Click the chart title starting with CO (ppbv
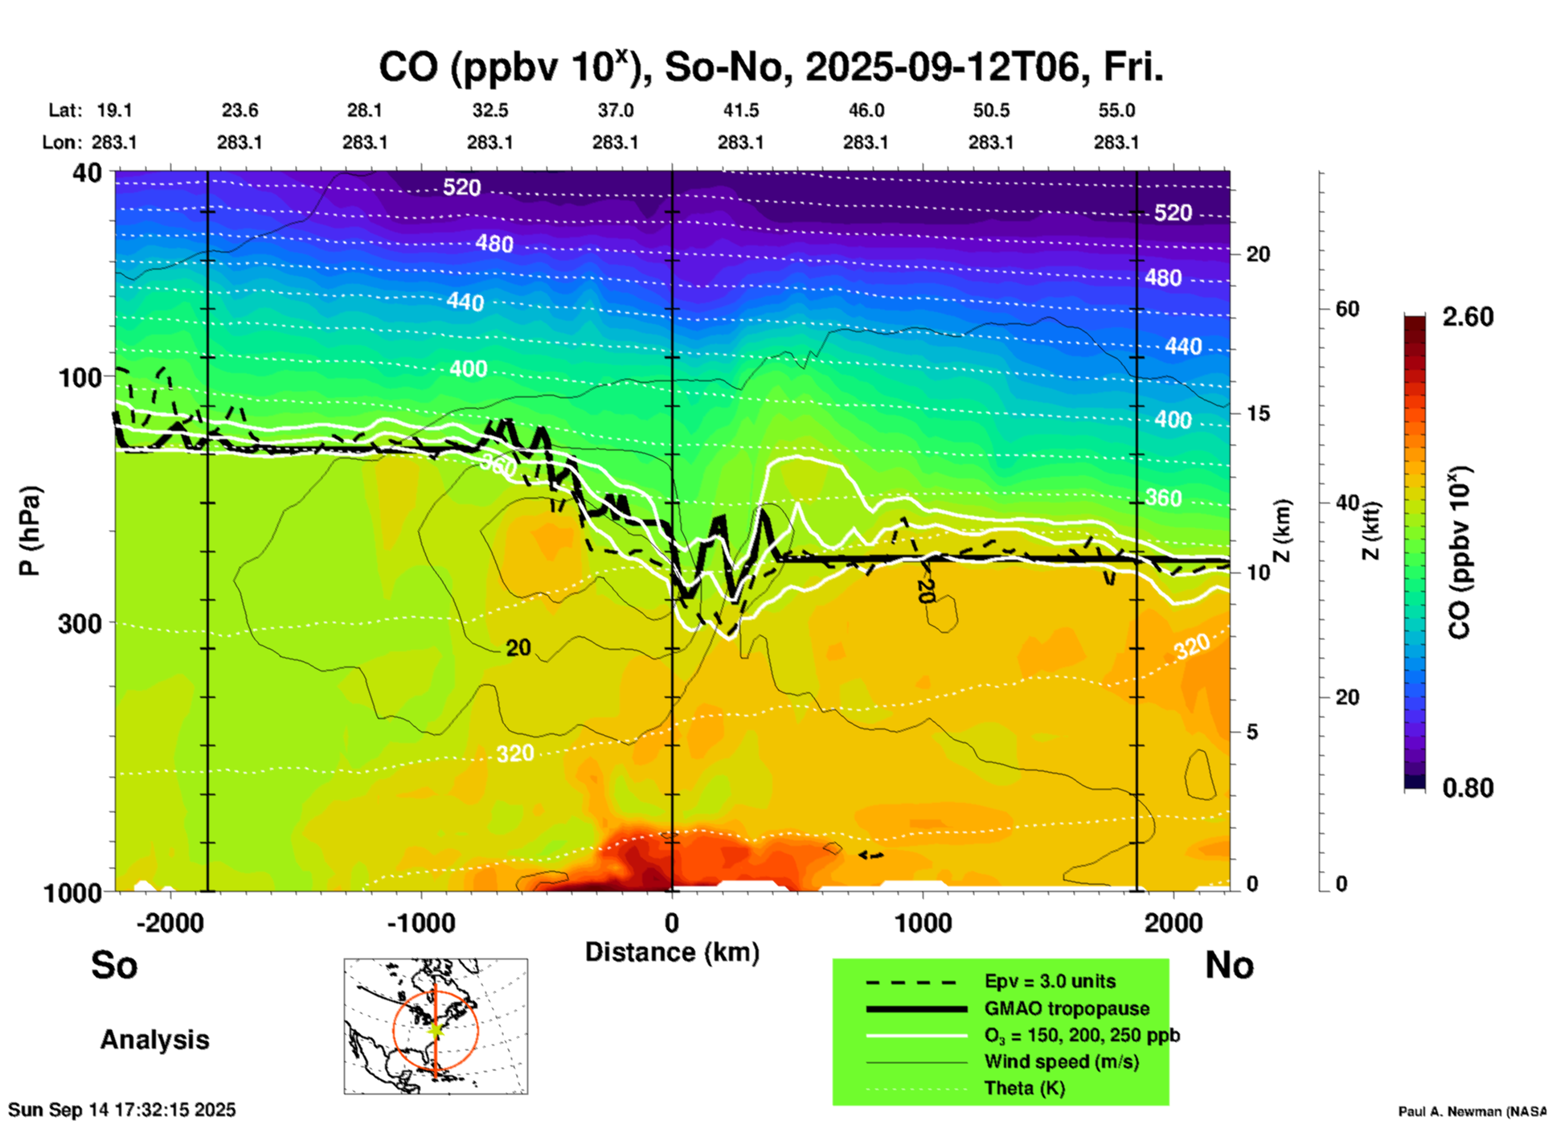[770, 68]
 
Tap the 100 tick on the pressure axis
[80, 377]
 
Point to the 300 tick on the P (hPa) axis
[80, 623]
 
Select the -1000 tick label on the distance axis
[420, 923]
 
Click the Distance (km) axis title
[672, 952]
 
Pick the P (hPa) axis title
[30, 531]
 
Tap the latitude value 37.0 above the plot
[615, 110]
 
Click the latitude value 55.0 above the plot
[1116, 110]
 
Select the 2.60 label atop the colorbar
[1468, 317]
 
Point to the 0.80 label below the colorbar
[1468, 788]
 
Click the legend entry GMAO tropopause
[1067, 1008]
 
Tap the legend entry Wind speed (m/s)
[1061, 1061]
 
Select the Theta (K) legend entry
[1025, 1088]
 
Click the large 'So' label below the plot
[114, 965]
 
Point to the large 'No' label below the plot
[1229, 965]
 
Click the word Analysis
[154, 1040]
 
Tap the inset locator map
[436, 1026]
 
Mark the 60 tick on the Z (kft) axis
[1347, 309]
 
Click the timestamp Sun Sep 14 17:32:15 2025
[122, 1110]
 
